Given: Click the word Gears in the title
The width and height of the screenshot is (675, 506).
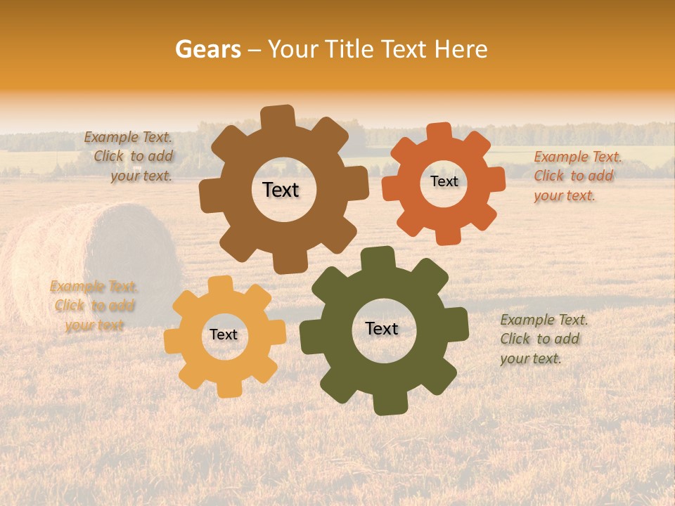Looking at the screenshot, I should point(207,49).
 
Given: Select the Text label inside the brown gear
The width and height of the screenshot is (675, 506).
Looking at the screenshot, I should point(281,190).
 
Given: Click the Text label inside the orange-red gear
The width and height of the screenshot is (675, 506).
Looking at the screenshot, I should point(444,181).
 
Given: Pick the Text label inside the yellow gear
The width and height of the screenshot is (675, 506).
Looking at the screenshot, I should point(224,335).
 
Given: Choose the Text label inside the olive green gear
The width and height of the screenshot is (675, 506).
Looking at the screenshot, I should point(382,328).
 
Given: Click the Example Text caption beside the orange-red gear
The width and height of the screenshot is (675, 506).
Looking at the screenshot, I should point(577,176).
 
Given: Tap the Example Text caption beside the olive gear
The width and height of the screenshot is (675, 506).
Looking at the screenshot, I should point(543,339).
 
